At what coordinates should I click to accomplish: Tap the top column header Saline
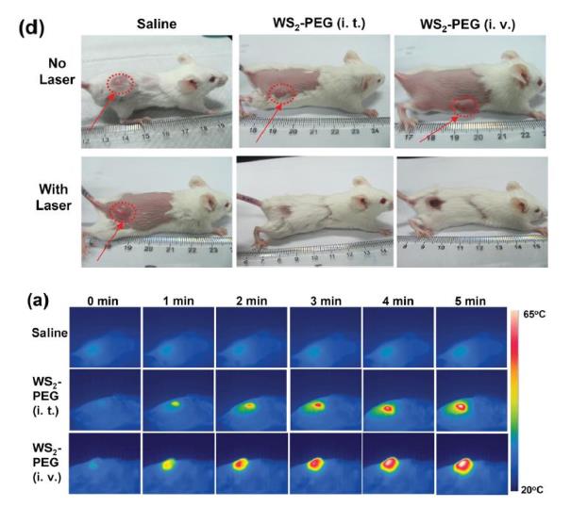[159, 22]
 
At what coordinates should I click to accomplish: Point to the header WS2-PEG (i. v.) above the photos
[468, 22]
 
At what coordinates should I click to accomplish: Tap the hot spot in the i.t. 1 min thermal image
[176, 403]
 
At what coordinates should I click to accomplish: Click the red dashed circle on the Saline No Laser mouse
[120, 86]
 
